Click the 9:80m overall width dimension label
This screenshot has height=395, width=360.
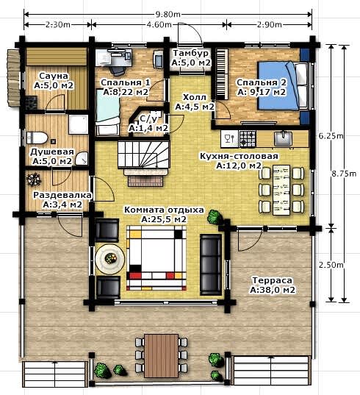pos(168,14)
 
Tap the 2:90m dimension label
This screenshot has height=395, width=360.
pos(269,24)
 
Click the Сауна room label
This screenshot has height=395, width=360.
pos(54,76)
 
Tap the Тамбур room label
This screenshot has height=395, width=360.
pos(191,53)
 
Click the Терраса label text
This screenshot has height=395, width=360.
pos(272,280)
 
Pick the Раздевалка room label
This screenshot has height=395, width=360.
pos(62,195)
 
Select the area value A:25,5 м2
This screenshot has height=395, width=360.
pos(164,219)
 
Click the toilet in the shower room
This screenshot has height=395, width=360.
pos(37,138)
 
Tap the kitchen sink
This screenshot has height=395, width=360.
pos(284,138)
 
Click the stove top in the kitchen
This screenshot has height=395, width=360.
pos(248,139)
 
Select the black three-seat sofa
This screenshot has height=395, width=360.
pos(211,265)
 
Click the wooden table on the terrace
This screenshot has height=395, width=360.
pos(161,356)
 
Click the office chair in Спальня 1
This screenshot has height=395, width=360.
pos(118,68)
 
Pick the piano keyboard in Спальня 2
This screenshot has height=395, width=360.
pos(222,74)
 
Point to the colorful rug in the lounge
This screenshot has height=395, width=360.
pos(156,258)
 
